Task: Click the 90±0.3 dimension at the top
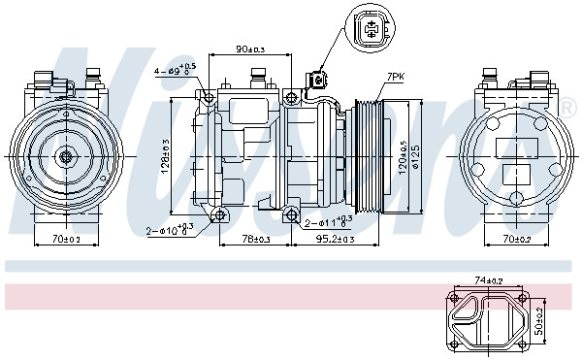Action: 251,49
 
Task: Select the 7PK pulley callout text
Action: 396,76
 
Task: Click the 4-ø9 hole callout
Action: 175,69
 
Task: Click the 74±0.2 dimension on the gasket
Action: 490,279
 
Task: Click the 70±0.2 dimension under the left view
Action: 67,238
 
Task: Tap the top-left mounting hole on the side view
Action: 207,96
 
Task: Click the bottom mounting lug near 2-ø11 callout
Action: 291,213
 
